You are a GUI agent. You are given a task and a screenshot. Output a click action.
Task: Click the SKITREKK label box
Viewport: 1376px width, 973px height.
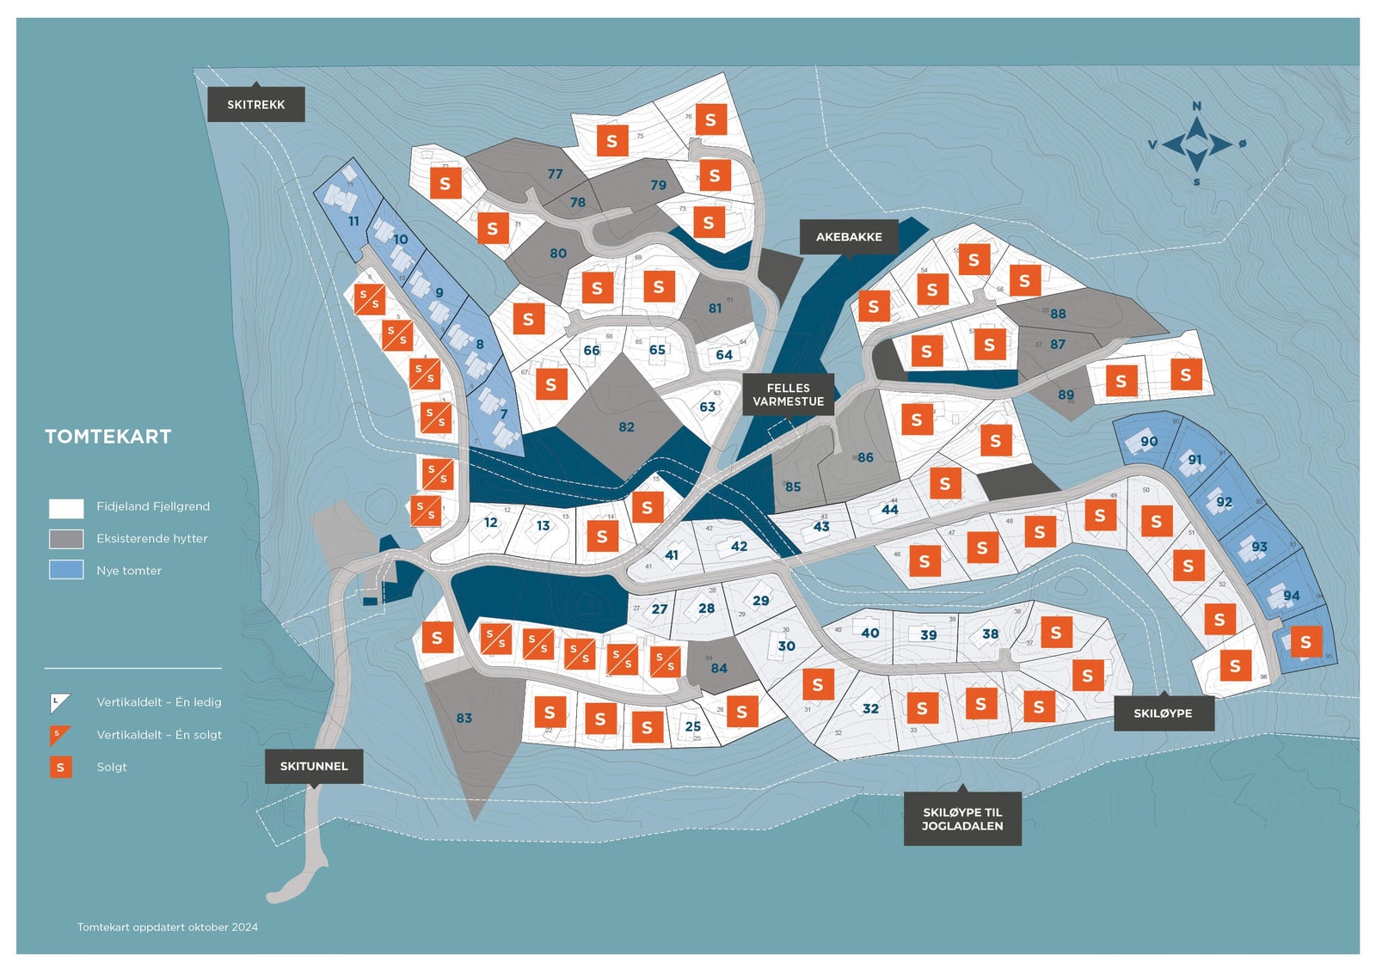pyautogui.click(x=255, y=105)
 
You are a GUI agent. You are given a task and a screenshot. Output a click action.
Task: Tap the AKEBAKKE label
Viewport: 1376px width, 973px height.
pyautogui.click(x=849, y=236)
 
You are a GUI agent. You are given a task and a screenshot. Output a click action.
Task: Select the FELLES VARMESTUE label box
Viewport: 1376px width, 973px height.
pyautogui.click(x=788, y=395)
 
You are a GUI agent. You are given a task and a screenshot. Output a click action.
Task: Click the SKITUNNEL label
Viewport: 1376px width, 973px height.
pyautogui.click(x=314, y=766)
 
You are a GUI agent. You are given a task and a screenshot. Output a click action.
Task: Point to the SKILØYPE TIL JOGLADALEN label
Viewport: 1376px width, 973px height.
pyautogui.click(x=962, y=818)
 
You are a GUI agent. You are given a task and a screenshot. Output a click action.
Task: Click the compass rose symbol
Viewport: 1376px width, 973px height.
pyautogui.click(x=1196, y=144)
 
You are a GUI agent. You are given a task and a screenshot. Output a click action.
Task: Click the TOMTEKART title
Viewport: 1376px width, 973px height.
pyautogui.click(x=108, y=437)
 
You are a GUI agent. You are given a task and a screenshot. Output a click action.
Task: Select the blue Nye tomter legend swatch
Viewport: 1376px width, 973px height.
pyautogui.click(x=66, y=570)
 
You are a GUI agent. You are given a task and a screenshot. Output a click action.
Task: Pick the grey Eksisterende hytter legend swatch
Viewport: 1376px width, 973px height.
pyautogui.click(x=66, y=538)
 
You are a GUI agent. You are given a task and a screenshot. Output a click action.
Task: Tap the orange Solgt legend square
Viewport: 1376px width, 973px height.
pyautogui.click(x=60, y=767)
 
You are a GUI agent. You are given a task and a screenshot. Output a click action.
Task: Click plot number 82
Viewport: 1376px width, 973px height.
pyautogui.click(x=626, y=426)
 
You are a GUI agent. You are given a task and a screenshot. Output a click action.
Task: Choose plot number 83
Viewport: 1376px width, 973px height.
pyautogui.click(x=464, y=718)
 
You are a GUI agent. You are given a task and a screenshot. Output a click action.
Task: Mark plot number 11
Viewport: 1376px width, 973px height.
pyautogui.click(x=353, y=221)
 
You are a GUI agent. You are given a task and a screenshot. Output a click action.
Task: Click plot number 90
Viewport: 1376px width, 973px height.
pyautogui.click(x=1149, y=441)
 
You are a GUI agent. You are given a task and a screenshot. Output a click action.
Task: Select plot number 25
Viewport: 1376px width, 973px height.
pyautogui.click(x=692, y=725)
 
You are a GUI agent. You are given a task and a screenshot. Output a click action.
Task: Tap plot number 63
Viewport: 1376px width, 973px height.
pyautogui.click(x=707, y=407)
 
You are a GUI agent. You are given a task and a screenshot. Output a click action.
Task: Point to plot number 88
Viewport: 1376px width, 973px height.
pyautogui.click(x=1058, y=314)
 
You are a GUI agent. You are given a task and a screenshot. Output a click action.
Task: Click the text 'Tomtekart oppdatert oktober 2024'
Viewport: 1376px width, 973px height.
pyautogui.click(x=168, y=927)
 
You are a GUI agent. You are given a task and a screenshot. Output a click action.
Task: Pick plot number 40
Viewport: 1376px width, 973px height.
pyautogui.click(x=870, y=633)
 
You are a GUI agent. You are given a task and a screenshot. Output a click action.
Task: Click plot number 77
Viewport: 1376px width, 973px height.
pyautogui.click(x=556, y=174)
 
